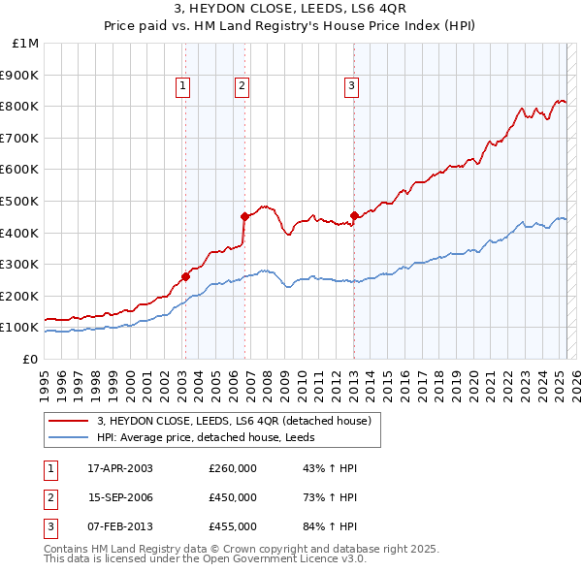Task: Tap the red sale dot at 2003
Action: [185, 277]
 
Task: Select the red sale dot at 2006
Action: [244, 216]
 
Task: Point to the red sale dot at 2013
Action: [354, 215]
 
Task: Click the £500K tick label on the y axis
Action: [20, 201]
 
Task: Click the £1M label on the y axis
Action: [26, 44]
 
